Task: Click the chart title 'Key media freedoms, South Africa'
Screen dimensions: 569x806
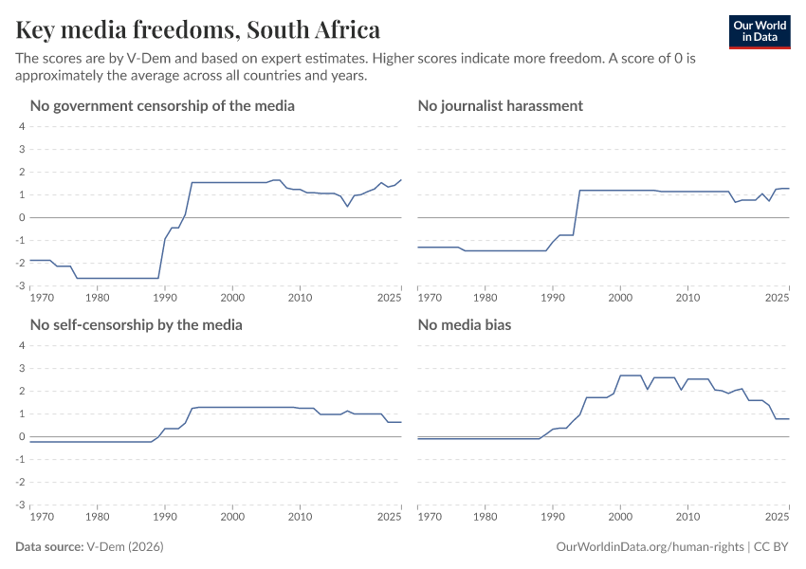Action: pos(198,29)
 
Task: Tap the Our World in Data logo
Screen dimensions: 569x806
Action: pos(759,31)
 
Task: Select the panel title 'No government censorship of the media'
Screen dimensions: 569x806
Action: pos(162,105)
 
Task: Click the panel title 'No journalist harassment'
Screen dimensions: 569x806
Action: pos(500,105)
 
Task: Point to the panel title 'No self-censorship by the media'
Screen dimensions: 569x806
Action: pos(137,324)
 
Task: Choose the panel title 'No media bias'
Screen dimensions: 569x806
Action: pos(465,324)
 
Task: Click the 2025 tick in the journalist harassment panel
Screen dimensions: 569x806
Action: pos(778,298)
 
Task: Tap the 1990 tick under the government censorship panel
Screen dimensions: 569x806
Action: pos(165,298)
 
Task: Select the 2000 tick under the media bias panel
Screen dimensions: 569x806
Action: pos(620,517)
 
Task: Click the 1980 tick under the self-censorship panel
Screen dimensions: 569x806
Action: pos(97,517)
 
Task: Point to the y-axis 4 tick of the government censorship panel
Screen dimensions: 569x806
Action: pos(21,127)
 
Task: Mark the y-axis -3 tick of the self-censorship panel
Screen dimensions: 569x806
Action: pos(20,505)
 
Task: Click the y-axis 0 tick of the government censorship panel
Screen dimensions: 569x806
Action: pos(21,218)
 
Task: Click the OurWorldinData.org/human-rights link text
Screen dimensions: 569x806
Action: pos(650,547)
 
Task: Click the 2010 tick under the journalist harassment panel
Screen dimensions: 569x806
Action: pos(687,298)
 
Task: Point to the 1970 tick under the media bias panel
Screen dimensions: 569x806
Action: pos(430,517)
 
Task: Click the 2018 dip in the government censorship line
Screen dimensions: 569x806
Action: pos(348,206)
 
